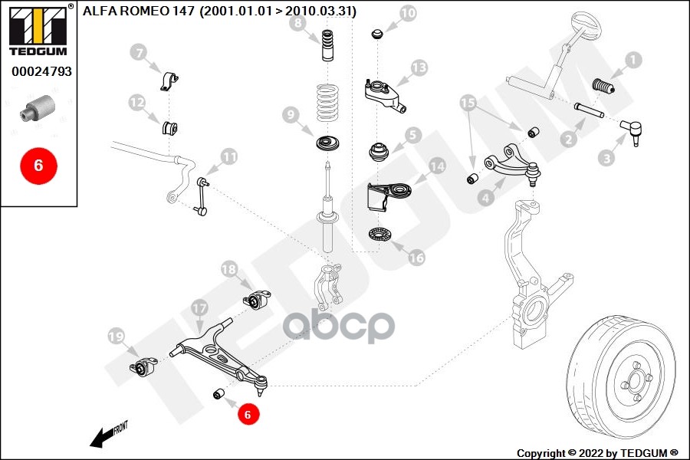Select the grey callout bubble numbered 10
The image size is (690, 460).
click(408, 13)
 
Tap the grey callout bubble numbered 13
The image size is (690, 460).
click(418, 67)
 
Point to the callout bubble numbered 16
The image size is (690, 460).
click(416, 258)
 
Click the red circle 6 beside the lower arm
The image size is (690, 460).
click(247, 414)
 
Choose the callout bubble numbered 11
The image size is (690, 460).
click(229, 156)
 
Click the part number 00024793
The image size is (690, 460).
click(41, 74)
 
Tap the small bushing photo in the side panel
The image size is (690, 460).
click(38, 107)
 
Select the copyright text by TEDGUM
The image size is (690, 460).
click(597, 452)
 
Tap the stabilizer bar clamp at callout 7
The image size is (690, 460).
click(169, 80)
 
